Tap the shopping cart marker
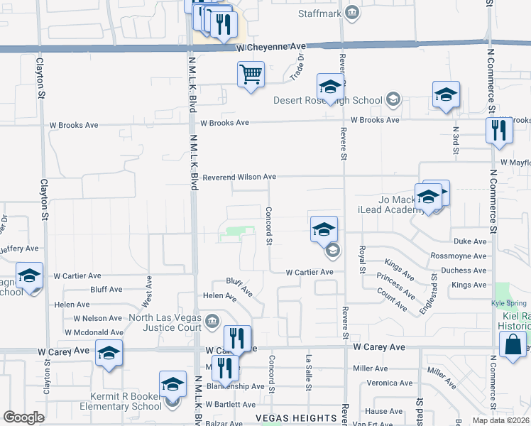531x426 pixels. (x=251, y=74)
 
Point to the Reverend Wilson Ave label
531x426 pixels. (x=239, y=177)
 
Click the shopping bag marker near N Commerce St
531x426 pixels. (x=513, y=346)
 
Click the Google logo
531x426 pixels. (x=23, y=417)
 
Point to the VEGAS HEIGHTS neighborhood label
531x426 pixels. (x=296, y=417)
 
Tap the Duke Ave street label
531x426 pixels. (x=470, y=241)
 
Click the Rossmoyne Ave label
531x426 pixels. (x=459, y=256)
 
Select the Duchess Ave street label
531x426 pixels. (x=464, y=271)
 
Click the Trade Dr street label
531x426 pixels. (x=300, y=67)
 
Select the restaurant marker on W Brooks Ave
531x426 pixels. (x=499, y=131)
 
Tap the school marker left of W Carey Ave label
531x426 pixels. (x=109, y=354)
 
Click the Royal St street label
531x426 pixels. (x=361, y=259)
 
